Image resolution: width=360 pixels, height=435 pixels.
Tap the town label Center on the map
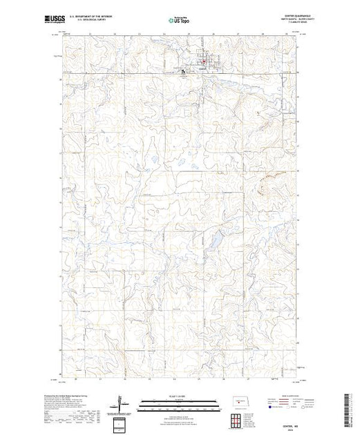pos(201,68)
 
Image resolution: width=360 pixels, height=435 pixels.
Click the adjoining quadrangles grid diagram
pos(238,419)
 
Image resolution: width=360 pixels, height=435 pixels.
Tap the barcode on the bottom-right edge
pos(352,407)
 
